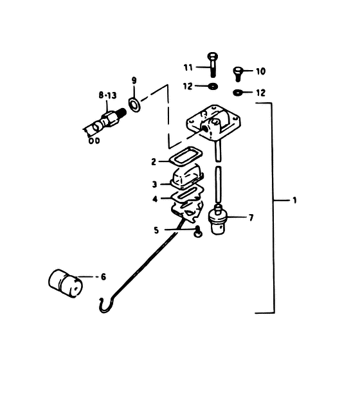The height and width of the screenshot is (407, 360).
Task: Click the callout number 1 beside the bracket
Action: [x=294, y=200]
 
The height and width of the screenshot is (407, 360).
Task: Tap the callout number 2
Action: [x=154, y=162]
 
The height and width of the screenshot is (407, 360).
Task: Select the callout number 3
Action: [x=154, y=185]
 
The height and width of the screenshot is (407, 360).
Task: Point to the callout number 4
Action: [x=155, y=199]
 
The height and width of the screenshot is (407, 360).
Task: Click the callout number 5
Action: [x=156, y=230]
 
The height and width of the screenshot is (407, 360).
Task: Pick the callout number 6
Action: [x=104, y=277]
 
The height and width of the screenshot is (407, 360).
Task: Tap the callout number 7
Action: [x=251, y=218]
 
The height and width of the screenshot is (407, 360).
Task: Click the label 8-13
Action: [x=107, y=96]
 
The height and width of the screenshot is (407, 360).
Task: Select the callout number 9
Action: [x=134, y=80]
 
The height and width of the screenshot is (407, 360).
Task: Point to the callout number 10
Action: [x=260, y=71]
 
